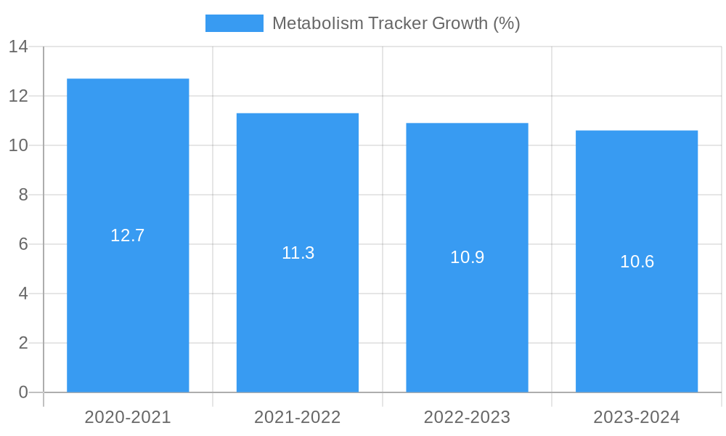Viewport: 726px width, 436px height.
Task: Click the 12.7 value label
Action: tap(128, 235)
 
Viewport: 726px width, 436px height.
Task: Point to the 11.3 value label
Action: tap(298, 253)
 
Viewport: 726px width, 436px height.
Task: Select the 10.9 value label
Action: tap(467, 257)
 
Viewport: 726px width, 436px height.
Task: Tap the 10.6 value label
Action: tap(637, 262)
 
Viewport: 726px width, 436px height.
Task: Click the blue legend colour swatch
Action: tap(234, 23)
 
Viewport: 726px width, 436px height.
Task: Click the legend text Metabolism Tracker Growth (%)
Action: tap(396, 23)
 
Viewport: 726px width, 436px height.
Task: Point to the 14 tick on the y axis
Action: tap(18, 47)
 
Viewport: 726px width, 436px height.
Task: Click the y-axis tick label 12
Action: tap(18, 96)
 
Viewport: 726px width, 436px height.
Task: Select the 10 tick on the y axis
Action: tap(18, 145)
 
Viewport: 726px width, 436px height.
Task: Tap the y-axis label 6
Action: tap(23, 244)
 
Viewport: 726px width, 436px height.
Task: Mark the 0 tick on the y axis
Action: tap(23, 392)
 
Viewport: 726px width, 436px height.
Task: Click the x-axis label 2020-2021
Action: tap(128, 417)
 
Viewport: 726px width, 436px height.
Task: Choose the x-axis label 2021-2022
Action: tap(298, 417)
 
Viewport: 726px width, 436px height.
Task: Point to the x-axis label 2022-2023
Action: tap(467, 417)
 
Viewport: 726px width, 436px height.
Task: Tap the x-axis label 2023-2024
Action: tap(637, 417)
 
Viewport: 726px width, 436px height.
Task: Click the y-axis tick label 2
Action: tap(23, 343)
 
